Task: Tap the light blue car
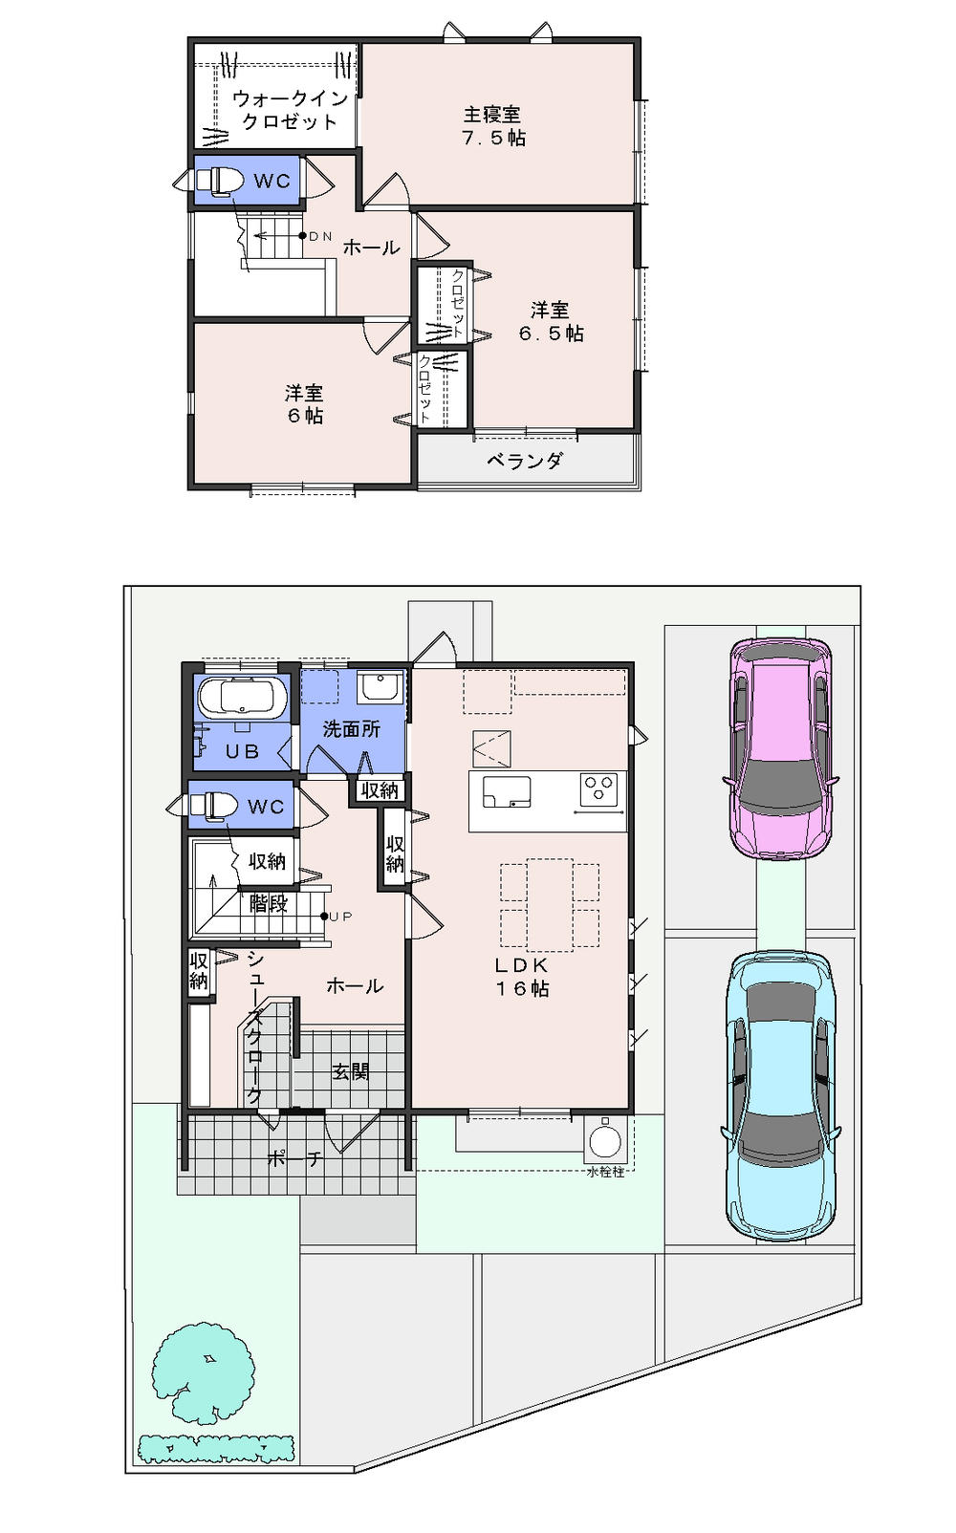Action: point(781,1095)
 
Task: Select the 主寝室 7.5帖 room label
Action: point(493,126)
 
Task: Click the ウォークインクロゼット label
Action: point(289,110)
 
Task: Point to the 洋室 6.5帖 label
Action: point(551,322)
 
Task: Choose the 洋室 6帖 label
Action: point(304,404)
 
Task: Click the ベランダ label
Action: point(525,462)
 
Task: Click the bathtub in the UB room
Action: point(242,698)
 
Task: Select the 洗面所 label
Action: point(351,729)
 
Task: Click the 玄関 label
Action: point(351,1071)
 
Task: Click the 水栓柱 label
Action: point(605,1172)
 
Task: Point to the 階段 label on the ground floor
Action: point(269,903)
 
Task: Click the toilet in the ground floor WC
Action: point(215,806)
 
